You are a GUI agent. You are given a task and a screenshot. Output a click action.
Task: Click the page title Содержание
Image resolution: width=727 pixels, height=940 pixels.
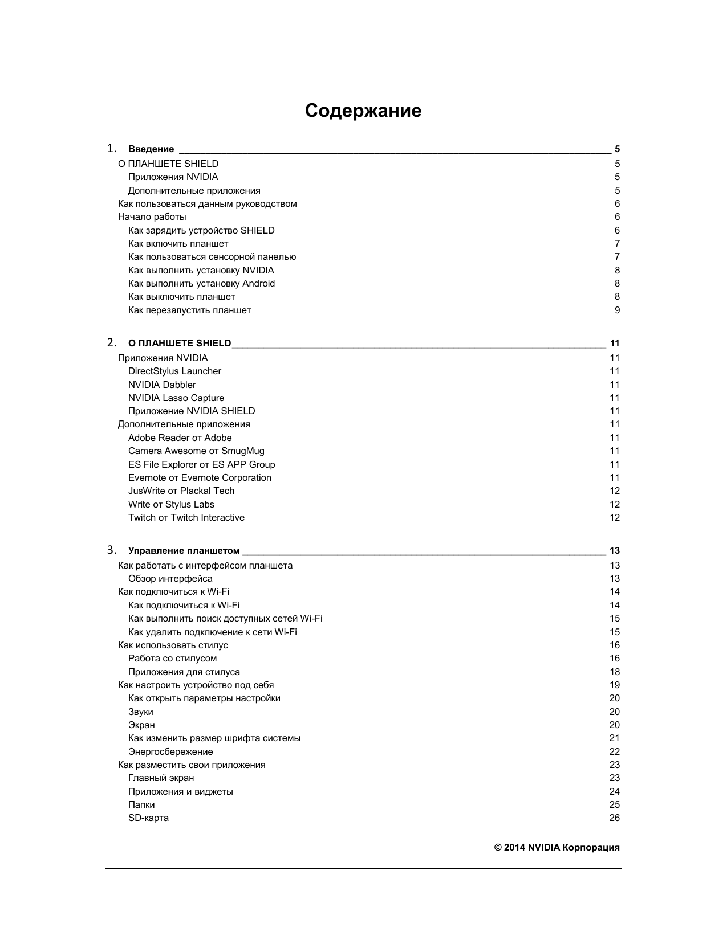(x=363, y=111)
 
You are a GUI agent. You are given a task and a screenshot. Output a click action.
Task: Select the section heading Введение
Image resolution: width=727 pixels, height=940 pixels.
(x=151, y=149)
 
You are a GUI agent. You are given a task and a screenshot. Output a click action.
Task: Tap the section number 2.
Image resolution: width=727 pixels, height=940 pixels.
(x=112, y=342)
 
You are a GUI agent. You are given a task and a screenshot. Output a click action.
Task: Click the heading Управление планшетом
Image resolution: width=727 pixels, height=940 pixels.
(x=184, y=551)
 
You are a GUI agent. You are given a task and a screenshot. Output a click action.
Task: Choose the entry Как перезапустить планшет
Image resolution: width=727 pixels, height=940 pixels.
(x=189, y=310)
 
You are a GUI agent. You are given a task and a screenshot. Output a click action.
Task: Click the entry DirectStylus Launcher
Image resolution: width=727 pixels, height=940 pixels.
(x=174, y=371)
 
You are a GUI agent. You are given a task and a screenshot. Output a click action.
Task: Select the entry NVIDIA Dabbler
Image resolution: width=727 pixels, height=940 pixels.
(x=162, y=385)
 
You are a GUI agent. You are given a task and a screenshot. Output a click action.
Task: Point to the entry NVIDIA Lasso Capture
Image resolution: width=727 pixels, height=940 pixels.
(x=176, y=398)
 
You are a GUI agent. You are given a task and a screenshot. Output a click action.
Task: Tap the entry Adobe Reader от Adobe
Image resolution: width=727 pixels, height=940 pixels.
(x=180, y=438)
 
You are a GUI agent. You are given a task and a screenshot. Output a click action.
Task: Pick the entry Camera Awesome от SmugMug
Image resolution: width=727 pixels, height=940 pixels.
(x=196, y=451)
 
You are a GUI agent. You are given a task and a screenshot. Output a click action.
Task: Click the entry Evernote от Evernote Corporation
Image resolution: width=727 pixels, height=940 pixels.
(x=200, y=478)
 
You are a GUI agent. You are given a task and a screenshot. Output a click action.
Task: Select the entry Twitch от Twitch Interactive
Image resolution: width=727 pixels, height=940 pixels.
(x=186, y=518)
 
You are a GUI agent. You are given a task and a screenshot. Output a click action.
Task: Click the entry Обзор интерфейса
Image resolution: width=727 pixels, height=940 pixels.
(x=170, y=579)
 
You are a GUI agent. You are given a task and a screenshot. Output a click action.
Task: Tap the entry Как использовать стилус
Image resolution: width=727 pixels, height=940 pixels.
(x=173, y=645)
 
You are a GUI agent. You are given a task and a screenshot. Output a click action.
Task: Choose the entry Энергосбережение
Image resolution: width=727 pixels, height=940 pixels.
(x=170, y=752)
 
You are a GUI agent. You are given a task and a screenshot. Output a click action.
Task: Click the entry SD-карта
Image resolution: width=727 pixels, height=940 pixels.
(x=148, y=818)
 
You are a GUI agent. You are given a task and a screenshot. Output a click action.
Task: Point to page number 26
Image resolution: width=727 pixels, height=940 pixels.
(x=614, y=818)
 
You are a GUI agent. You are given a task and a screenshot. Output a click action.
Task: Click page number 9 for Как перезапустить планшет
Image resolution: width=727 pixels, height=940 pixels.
(x=617, y=310)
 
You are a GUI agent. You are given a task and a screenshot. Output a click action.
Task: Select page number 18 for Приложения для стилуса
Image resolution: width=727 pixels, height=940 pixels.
(x=614, y=672)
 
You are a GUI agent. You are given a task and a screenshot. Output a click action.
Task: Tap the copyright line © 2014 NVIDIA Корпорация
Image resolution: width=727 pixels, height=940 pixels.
(x=557, y=848)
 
